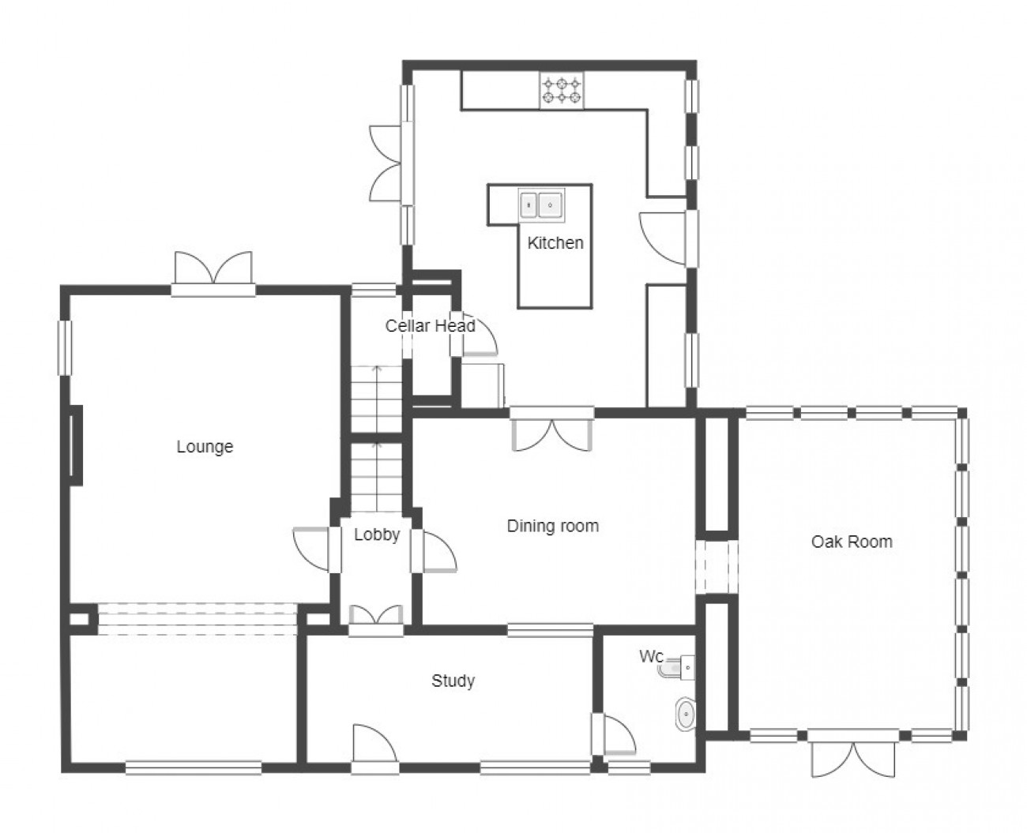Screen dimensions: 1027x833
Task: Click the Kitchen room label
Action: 555,243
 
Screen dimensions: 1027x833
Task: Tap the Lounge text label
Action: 205,447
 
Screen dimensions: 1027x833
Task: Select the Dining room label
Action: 552,526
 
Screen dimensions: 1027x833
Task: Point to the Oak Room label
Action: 852,542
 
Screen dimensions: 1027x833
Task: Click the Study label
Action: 453,681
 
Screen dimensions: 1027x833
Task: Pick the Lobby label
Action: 377,535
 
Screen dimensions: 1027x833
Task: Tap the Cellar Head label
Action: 430,325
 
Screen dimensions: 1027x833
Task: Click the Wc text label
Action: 651,655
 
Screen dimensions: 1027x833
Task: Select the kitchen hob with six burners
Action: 561,91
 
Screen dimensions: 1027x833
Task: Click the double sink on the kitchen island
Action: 541,204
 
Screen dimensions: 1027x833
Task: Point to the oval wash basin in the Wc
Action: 685,714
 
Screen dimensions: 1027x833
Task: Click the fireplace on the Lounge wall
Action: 76,445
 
